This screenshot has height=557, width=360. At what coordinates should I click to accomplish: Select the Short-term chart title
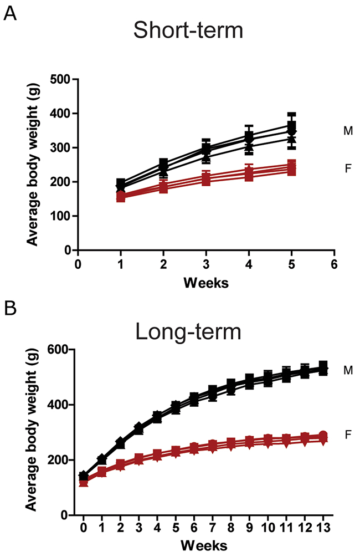coord(188,30)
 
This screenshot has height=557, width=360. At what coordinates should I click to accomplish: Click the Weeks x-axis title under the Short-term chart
coord(206,282)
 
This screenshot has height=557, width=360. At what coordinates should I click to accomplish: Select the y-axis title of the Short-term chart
coord(34,165)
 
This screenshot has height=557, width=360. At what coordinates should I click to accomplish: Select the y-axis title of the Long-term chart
coord(34,432)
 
